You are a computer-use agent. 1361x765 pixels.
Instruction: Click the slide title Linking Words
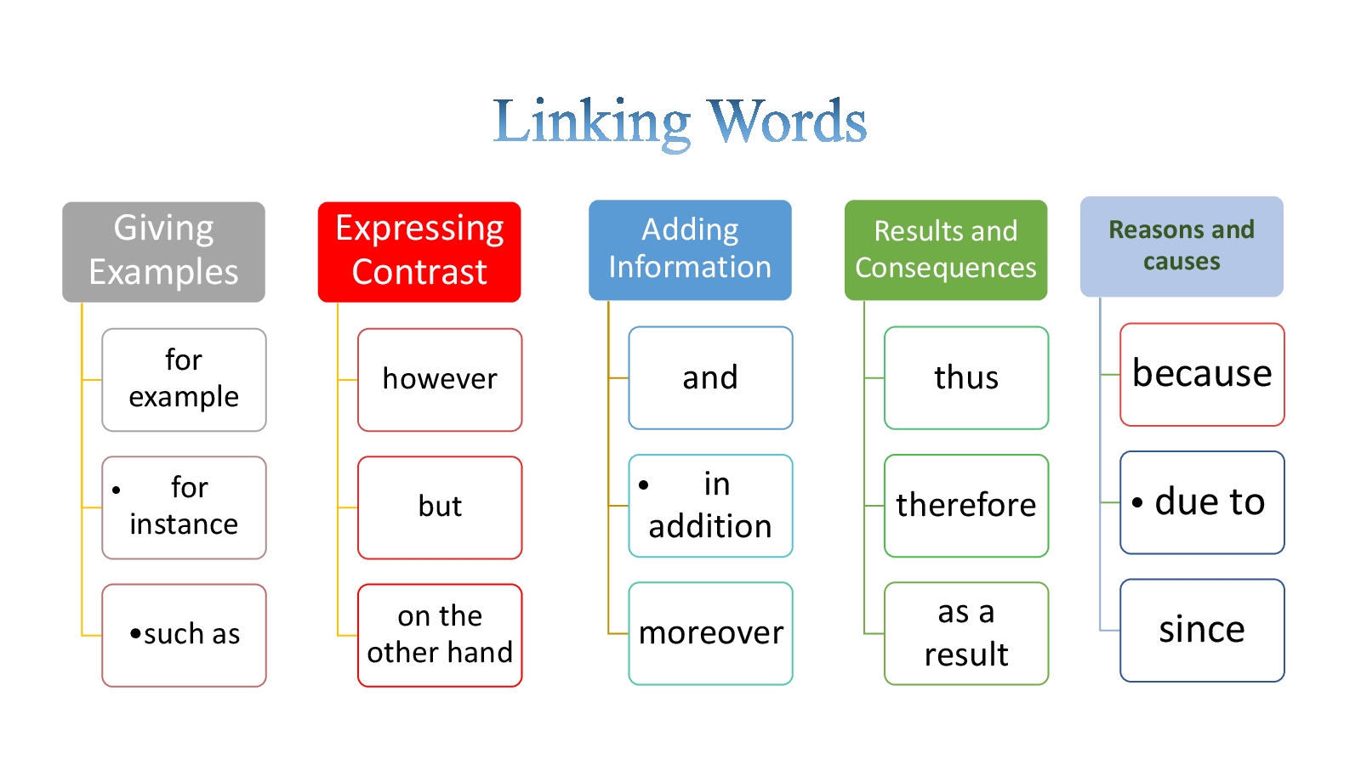(x=680, y=122)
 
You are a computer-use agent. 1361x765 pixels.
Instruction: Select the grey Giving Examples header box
(x=163, y=252)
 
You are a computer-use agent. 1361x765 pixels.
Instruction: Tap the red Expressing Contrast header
(x=419, y=252)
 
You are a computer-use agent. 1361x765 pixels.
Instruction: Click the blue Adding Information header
(x=690, y=250)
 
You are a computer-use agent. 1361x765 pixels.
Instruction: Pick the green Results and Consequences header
(x=945, y=250)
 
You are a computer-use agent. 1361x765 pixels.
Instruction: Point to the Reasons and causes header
(x=1182, y=246)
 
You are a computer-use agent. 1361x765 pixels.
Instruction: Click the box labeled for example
(x=184, y=380)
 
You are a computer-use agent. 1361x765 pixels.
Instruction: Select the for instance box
(x=184, y=507)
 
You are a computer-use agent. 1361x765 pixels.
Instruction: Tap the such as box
(x=184, y=635)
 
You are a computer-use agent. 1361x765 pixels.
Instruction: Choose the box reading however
(x=440, y=380)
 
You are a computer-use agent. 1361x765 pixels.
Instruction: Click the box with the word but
(x=440, y=507)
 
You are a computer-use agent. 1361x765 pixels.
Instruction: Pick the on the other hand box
(x=440, y=635)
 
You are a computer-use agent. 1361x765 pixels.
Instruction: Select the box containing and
(x=710, y=378)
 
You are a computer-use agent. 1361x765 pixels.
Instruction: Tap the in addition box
(x=710, y=506)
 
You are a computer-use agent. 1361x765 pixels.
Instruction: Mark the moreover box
(x=710, y=633)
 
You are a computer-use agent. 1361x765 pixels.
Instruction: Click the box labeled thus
(x=966, y=378)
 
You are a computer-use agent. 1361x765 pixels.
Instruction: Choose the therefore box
(x=966, y=506)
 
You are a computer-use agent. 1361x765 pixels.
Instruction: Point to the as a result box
(x=966, y=633)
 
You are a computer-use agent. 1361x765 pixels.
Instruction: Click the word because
(x=1202, y=374)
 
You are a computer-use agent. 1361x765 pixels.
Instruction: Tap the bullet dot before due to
(x=1137, y=502)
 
